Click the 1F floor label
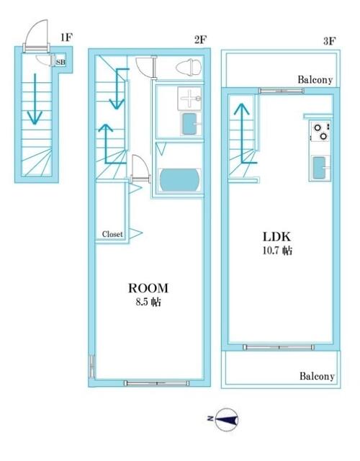click(x=66, y=37)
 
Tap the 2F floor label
click(x=200, y=40)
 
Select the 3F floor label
click(x=330, y=41)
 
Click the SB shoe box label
click(x=60, y=63)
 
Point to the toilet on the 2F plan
click(x=189, y=67)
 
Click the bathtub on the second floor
click(x=179, y=180)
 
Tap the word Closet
click(x=112, y=234)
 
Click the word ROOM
click(x=148, y=288)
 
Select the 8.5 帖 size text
click(x=148, y=302)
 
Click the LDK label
click(x=276, y=237)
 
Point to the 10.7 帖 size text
click(x=277, y=251)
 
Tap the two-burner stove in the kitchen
click(x=320, y=131)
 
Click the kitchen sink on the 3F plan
click(x=320, y=168)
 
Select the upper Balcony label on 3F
click(x=315, y=80)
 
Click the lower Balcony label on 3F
click(x=317, y=376)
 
